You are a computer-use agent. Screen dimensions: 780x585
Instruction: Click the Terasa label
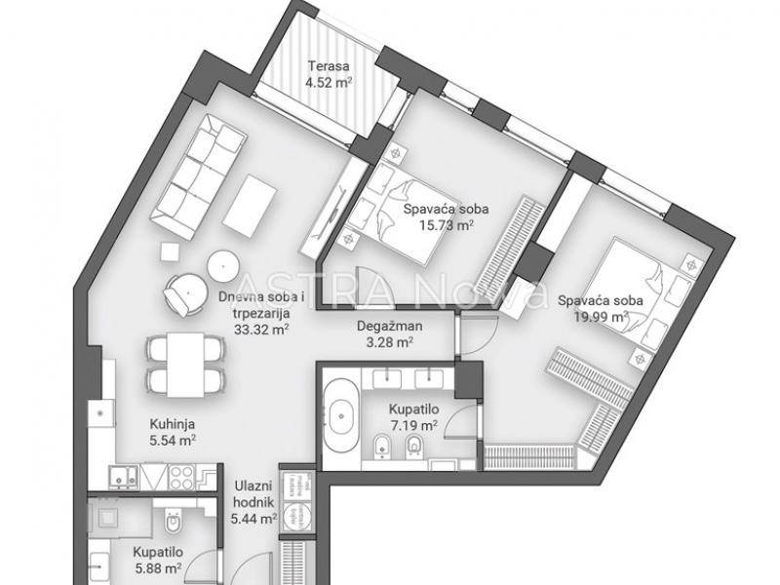click(x=329, y=66)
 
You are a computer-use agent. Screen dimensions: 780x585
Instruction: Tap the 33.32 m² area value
click(x=261, y=329)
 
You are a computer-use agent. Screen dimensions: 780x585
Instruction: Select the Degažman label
click(x=390, y=327)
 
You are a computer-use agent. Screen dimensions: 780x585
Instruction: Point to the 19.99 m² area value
click(x=601, y=316)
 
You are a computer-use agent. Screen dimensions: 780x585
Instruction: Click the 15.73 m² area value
click(x=447, y=225)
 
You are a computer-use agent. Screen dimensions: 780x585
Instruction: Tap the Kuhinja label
click(x=173, y=424)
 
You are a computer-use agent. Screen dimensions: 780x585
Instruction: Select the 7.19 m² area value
click(x=412, y=426)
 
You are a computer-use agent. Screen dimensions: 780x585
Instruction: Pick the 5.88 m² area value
click(x=158, y=567)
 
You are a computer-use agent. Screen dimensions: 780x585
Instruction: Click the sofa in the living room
click(x=200, y=176)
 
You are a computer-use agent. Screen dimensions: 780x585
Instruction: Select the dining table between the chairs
click(x=185, y=365)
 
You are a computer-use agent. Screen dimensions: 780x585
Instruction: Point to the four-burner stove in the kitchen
click(x=182, y=477)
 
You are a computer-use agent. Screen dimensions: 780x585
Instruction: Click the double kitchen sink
click(x=124, y=477)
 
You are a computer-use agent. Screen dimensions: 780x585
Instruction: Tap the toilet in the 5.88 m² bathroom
click(x=174, y=521)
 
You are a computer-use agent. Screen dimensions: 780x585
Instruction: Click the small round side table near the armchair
click(x=223, y=266)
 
